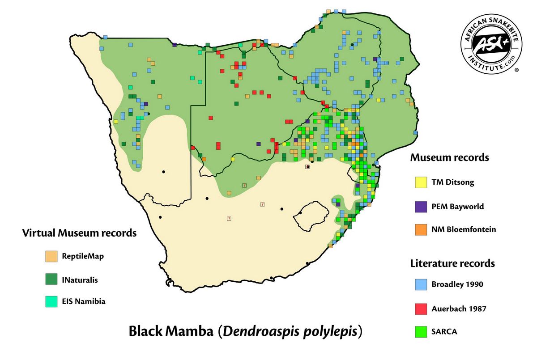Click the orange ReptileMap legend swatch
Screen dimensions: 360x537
[x=51, y=256]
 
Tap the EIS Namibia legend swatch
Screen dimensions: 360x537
[x=51, y=301]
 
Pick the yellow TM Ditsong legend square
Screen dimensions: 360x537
[x=421, y=182]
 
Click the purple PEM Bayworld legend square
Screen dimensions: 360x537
[x=421, y=206]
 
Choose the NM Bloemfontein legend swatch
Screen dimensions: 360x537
[x=421, y=229]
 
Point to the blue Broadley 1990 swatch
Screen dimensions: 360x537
[x=421, y=284]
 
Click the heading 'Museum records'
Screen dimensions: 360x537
[x=449, y=158]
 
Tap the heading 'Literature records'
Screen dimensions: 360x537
[x=452, y=263]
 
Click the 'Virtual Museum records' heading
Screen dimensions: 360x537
[x=79, y=233]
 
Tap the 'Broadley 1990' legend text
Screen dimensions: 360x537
[x=457, y=284]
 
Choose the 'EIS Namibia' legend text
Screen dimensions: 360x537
[x=84, y=301]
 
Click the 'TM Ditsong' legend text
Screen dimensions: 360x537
[x=452, y=182]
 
